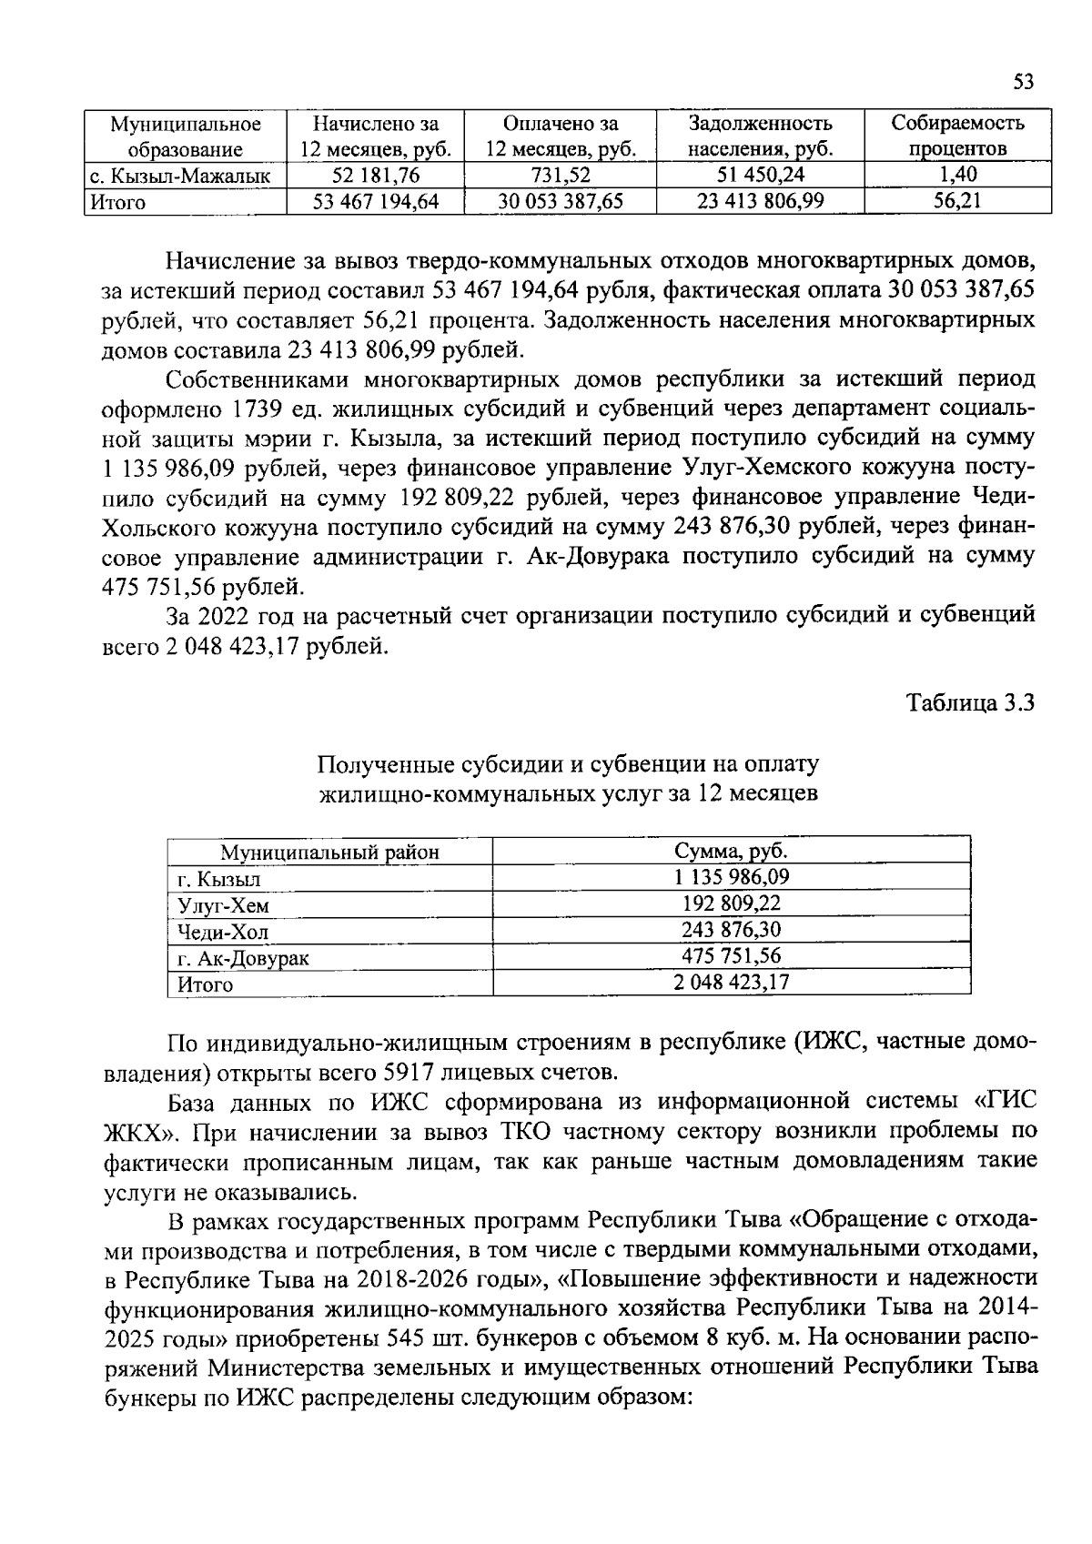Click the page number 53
click(x=1024, y=83)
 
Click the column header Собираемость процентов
click(x=957, y=136)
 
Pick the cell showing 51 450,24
click(x=760, y=176)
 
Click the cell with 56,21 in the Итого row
click(x=957, y=201)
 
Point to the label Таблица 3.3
click(x=971, y=702)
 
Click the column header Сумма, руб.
click(x=731, y=852)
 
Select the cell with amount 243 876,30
click(x=731, y=930)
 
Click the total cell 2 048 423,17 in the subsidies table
click(x=731, y=983)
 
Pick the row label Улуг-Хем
click(x=223, y=905)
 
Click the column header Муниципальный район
click(x=329, y=853)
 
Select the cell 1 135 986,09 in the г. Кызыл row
click(x=731, y=877)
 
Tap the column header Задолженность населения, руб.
click(x=760, y=136)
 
